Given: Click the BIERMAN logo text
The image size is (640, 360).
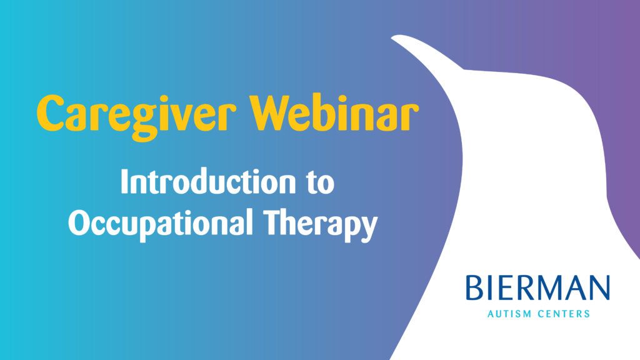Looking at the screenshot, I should [537, 288].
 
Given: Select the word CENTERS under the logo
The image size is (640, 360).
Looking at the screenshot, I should [564, 314].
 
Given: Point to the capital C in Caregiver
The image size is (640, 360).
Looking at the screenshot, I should [50, 112].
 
